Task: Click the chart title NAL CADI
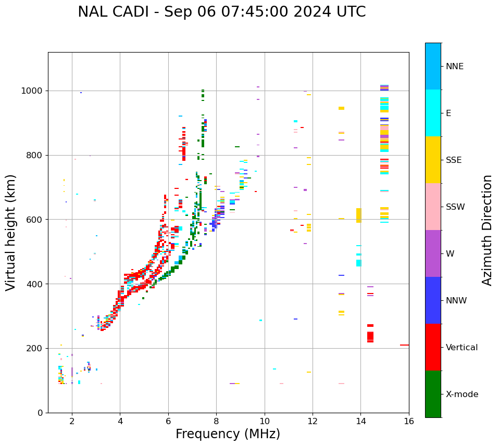(221, 12)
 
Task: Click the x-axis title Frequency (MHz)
(228, 434)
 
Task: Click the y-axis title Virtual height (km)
(11, 233)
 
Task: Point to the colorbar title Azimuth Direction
(487, 230)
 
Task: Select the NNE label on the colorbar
(454, 67)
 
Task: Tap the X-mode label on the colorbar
(461, 394)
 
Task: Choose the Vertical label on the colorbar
(461, 348)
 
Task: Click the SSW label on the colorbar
(455, 207)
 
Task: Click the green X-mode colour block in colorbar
(433, 394)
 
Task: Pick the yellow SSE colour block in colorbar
(433, 160)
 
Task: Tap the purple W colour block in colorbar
(433, 253)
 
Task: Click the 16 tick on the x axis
(409, 421)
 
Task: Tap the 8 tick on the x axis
(216, 421)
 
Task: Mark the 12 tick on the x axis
(313, 421)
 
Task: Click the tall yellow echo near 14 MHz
(358, 215)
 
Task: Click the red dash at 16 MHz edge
(404, 345)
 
